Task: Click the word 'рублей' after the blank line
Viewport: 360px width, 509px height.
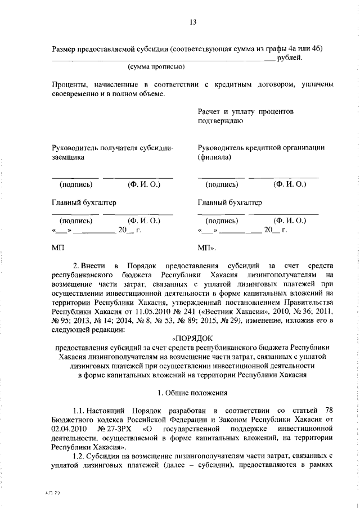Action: click(x=291, y=57)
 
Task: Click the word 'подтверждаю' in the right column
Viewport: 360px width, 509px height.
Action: click(x=220, y=120)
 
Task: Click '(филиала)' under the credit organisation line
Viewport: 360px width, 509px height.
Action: click(x=214, y=158)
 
